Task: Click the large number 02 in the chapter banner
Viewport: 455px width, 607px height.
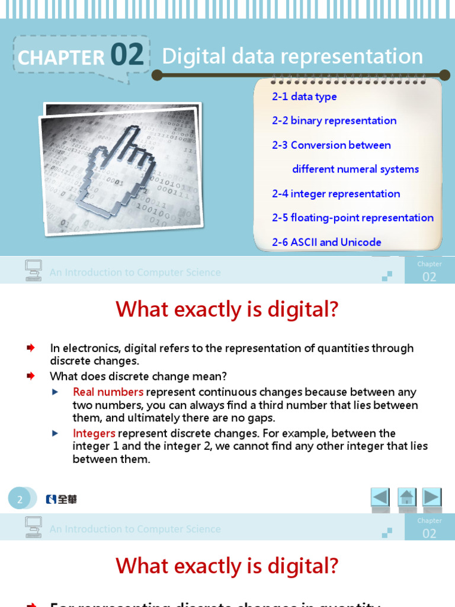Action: point(127,55)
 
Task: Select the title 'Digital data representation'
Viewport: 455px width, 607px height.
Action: point(292,56)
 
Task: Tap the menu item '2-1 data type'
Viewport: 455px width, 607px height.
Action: point(305,97)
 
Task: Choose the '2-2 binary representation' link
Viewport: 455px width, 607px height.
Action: point(334,120)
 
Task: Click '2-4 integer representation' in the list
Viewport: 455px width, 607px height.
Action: point(336,194)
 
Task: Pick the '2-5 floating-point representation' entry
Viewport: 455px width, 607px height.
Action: point(353,218)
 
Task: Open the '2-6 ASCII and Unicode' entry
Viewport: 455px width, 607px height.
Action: point(326,242)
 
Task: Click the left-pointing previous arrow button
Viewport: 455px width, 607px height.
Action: point(380,497)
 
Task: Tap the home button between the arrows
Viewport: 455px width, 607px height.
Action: point(406,497)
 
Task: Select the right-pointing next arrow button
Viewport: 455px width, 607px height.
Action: point(432,497)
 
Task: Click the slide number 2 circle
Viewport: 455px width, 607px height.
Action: point(20,499)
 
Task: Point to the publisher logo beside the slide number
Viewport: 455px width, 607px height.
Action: point(62,499)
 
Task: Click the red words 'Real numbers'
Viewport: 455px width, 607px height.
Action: point(108,392)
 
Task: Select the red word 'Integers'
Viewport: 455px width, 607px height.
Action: point(94,433)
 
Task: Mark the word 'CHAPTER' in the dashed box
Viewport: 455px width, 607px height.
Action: point(61,57)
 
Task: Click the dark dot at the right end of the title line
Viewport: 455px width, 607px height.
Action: point(445,75)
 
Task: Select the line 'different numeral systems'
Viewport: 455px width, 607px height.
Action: point(355,169)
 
